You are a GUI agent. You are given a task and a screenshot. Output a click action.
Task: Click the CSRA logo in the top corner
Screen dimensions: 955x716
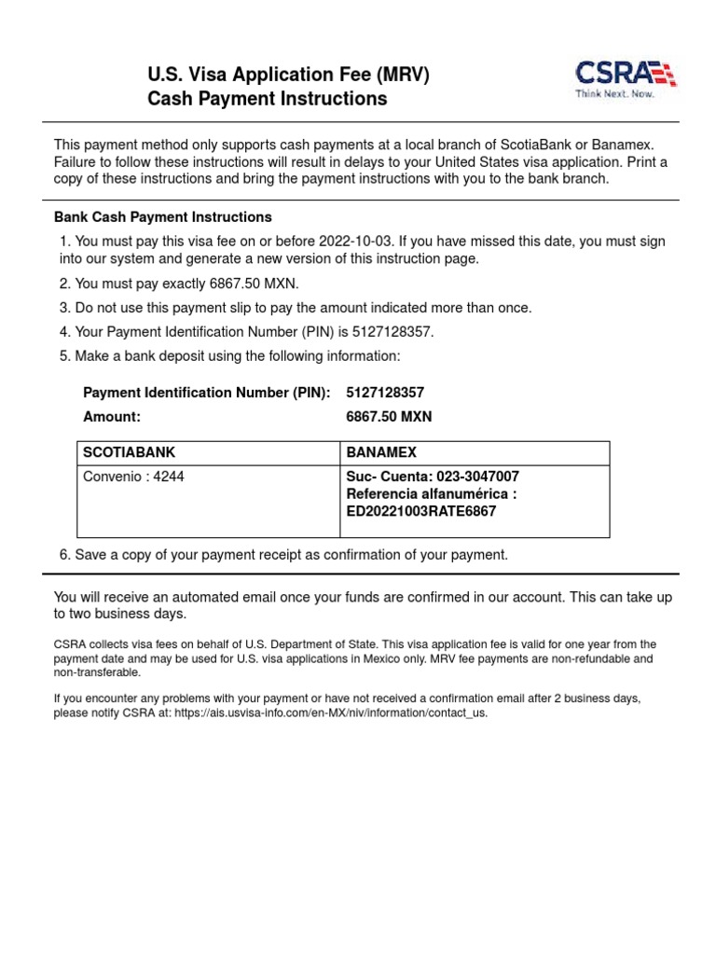625,75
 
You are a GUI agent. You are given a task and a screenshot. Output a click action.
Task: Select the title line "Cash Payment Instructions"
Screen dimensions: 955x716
268,99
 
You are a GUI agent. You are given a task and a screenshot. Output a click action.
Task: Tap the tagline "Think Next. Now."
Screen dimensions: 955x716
613,94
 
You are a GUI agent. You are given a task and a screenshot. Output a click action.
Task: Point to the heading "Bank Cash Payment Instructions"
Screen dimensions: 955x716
163,217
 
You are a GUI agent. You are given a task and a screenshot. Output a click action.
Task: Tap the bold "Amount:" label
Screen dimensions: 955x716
112,417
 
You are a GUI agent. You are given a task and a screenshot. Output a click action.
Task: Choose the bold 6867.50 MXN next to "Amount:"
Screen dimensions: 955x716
389,417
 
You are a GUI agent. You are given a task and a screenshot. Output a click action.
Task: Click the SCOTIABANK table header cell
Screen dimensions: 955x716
130,452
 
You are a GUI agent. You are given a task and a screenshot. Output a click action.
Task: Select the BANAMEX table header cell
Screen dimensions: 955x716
381,452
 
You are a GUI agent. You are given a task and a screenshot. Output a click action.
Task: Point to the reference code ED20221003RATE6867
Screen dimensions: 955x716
421,511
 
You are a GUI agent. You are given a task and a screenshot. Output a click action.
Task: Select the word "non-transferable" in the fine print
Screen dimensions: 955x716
98,672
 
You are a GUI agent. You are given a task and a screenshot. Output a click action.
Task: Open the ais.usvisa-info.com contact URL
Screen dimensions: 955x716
331,713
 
